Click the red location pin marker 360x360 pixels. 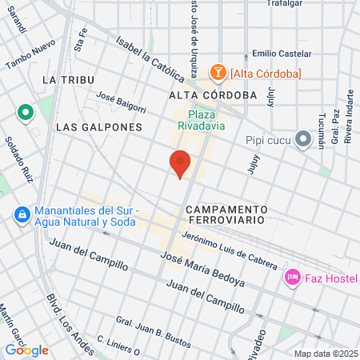180,162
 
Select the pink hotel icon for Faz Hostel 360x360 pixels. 293,278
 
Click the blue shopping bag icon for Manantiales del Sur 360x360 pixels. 22,215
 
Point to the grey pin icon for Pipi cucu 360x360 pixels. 302,140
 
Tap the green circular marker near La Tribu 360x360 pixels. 26,113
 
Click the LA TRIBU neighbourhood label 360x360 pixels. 69,80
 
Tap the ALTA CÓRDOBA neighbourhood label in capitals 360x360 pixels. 213,94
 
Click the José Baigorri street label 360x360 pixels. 121,102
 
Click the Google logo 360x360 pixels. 27,350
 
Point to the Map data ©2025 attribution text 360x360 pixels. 326,354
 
